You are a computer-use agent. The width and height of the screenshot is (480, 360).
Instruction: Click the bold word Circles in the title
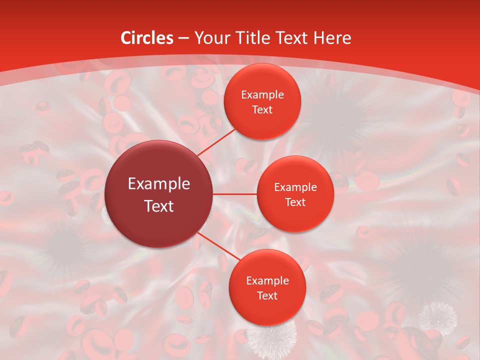coord(146,38)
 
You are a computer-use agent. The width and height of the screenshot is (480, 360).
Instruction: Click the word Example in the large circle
coord(159,184)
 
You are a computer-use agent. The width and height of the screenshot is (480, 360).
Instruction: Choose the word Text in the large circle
coord(159,206)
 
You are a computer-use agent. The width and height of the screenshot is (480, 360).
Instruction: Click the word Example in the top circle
coord(262,95)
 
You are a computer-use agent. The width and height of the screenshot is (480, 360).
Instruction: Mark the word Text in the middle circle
coord(295,202)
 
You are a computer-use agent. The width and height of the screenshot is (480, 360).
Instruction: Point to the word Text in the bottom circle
coord(267,295)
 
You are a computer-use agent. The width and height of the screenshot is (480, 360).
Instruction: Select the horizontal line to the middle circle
coord(235,193)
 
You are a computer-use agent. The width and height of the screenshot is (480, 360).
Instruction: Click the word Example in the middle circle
coord(295,187)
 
